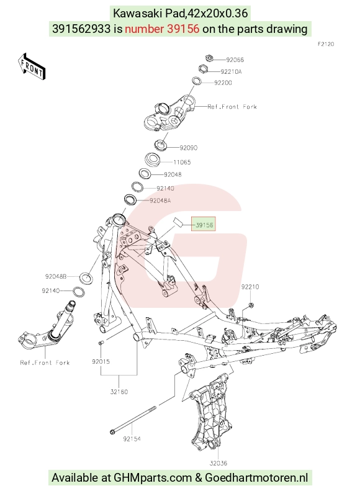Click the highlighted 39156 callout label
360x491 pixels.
click(204, 224)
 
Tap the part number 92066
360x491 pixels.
click(235, 60)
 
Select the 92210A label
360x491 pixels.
click(231, 72)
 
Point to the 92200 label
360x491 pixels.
click(223, 83)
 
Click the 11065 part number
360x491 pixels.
click(182, 162)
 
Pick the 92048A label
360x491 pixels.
click(160, 200)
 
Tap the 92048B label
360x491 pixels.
click(56, 276)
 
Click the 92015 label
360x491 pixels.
click(101, 362)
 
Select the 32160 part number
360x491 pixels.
click(119, 392)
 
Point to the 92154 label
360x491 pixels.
click(132, 439)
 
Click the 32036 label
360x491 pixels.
click(218, 463)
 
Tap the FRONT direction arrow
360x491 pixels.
click(32, 66)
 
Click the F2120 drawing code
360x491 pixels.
click(326, 44)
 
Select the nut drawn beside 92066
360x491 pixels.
click(209, 58)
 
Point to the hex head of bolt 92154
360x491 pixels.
click(112, 432)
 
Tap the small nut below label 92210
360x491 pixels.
click(250, 305)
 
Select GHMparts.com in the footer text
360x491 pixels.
click(153, 478)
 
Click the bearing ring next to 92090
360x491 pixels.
click(161, 145)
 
